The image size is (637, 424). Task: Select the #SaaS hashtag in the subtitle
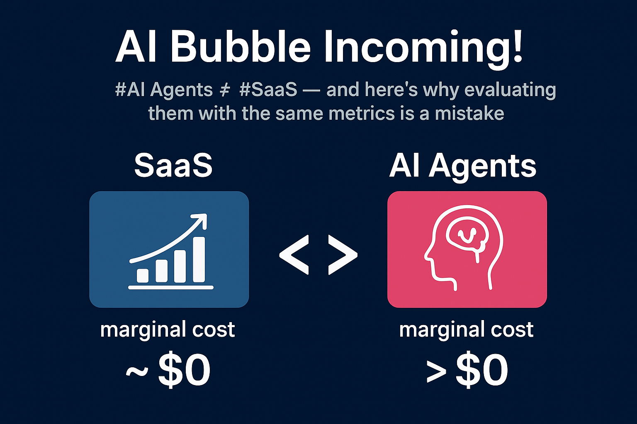click(268, 89)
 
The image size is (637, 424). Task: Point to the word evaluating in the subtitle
click(510, 90)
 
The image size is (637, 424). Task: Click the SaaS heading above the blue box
click(173, 165)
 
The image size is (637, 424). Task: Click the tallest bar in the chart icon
click(199, 259)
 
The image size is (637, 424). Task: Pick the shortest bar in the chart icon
click(143, 275)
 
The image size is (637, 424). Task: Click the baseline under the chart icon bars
click(171, 287)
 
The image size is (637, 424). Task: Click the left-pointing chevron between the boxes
click(294, 255)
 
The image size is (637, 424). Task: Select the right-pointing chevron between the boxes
click(343, 255)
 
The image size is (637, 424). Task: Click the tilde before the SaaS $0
click(137, 370)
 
